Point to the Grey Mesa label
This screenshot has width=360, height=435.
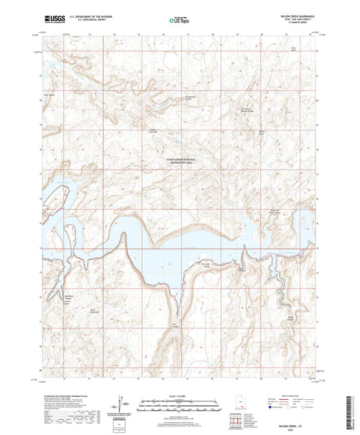point(294,49)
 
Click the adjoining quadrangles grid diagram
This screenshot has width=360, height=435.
point(240,423)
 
